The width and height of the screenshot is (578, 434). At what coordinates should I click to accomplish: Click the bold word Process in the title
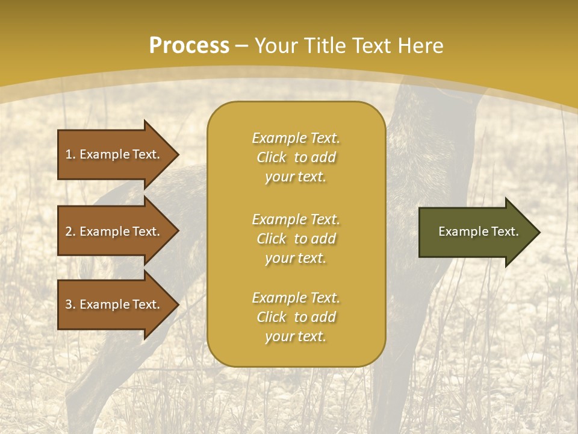click(189, 46)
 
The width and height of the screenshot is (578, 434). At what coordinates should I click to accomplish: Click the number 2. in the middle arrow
click(70, 231)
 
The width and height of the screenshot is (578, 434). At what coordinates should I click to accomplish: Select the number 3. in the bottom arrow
click(70, 304)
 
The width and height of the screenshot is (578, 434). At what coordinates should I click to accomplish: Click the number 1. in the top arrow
click(70, 154)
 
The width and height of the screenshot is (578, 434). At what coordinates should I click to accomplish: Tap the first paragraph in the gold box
click(296, 157)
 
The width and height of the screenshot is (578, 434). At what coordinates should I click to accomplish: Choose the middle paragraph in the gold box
click(296, 239)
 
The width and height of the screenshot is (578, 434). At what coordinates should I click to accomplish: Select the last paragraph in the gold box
click(296, 317)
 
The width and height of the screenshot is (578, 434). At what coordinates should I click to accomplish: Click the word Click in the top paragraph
click(272, 157)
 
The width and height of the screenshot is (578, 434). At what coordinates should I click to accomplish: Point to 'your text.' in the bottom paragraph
click(296, 336)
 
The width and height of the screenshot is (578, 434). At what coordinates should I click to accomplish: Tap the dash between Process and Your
click(242, 46)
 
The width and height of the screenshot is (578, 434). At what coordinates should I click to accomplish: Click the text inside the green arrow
click(479, 231)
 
